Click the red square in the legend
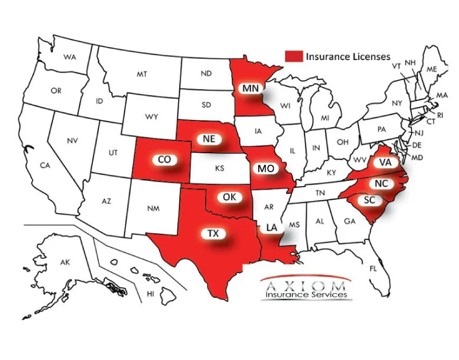(x=294, y=56)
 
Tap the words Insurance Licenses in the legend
(x=348, y=56)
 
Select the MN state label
(x=249, y=88)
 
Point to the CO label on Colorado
(x=164, y=160)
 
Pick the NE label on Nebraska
(x=209, y=139)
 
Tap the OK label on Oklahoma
(x=230, y=197)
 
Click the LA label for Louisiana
(x=272, y=228)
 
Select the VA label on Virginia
(x=385, y=162)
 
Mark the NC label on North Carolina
(x=381, y=184)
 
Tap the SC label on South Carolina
(x=369, y=200)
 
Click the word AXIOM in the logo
(x=306, y=284)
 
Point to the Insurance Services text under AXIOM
(x=306, y=295)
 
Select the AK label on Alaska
(x=65, y=263)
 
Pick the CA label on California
(x=45, y=166)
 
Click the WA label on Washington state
(x=69, y=57)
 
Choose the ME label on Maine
(x=431, y=69)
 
